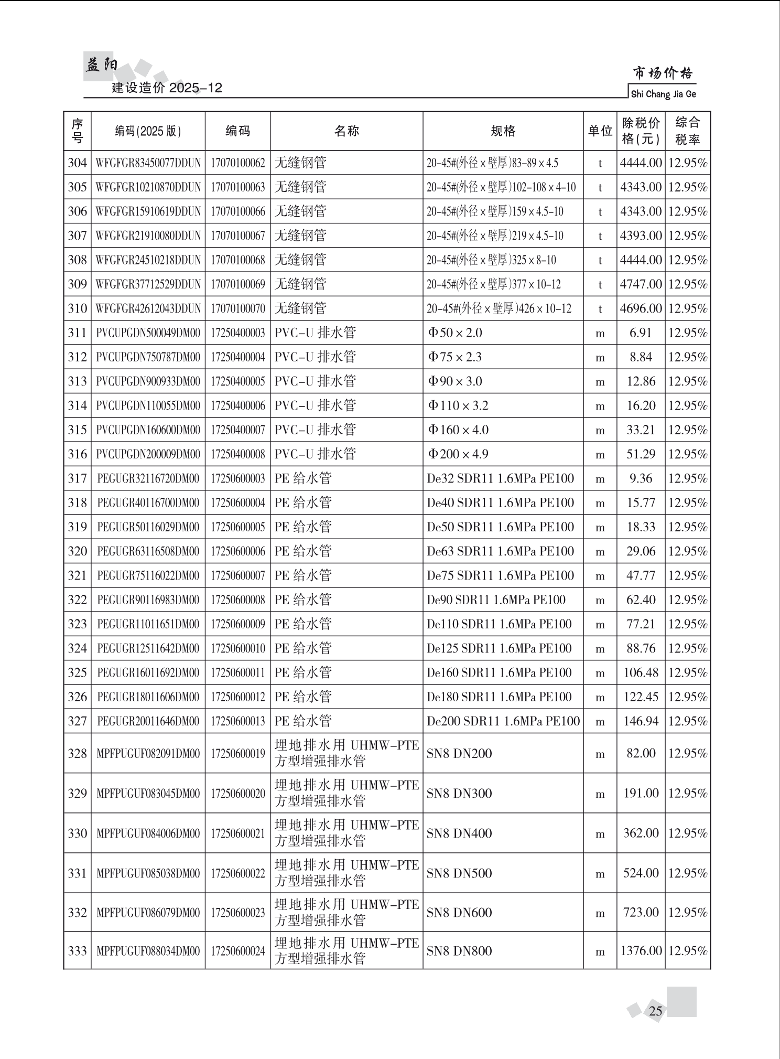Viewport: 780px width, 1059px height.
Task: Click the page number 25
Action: pos(655,1011)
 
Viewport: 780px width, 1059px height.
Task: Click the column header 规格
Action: pos(503,131)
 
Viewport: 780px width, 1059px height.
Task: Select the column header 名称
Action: pos(346,131)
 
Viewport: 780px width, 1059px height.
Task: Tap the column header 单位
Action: pos(600,131)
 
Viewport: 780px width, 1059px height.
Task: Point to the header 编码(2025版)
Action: pos(148,131)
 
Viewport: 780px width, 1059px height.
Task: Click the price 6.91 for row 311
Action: pos(641,333)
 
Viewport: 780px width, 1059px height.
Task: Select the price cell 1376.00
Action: pos(641,950)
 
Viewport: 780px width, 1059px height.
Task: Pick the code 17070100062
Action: pos(238,163)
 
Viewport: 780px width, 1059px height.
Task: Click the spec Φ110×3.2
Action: pos(458,405)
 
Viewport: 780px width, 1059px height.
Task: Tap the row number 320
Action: pos(77,551)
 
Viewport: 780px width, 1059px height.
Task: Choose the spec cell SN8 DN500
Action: pos(459,873)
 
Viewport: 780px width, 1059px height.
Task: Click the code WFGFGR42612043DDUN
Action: pos(148,308)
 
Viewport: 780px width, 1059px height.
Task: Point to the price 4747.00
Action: pos(641,284)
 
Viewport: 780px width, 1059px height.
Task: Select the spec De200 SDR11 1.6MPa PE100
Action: pos(503,721)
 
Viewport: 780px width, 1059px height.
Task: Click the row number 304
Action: pos(77,163)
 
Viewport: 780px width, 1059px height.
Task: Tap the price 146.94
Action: pos(641,721)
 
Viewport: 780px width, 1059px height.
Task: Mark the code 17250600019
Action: pos(238,753)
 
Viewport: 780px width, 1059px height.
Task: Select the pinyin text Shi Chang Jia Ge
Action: pos(663,94)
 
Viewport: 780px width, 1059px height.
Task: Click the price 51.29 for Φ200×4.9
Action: pos(641,454)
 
